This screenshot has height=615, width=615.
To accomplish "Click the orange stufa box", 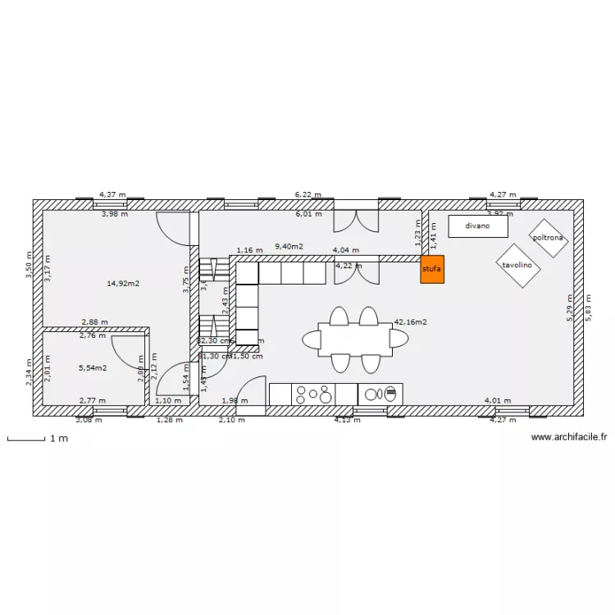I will tap(431, 269).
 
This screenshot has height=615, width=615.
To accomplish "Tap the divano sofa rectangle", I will tap(477, 226).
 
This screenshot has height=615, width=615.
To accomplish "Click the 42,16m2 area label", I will tap(410, 322).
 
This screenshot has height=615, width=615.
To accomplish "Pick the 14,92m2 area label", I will tap(123, 284).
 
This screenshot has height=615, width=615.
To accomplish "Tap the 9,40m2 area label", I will tap(289, 246).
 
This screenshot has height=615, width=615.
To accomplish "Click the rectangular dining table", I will tap(355, 339).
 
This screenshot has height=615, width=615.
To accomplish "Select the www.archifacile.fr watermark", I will tap(568, 438).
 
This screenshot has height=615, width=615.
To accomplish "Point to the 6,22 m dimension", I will tap(308, 195).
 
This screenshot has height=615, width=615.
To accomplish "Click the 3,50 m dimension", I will tap(29, 266).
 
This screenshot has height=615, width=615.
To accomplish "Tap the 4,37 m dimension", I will tap(112, 195).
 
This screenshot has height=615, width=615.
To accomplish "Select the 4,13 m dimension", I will tap(346, 420).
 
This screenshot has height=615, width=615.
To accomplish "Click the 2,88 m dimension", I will tap(94, 323).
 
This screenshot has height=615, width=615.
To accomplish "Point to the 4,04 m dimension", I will tap(345, 250).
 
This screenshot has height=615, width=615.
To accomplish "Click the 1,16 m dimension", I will tap(249, 250).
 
